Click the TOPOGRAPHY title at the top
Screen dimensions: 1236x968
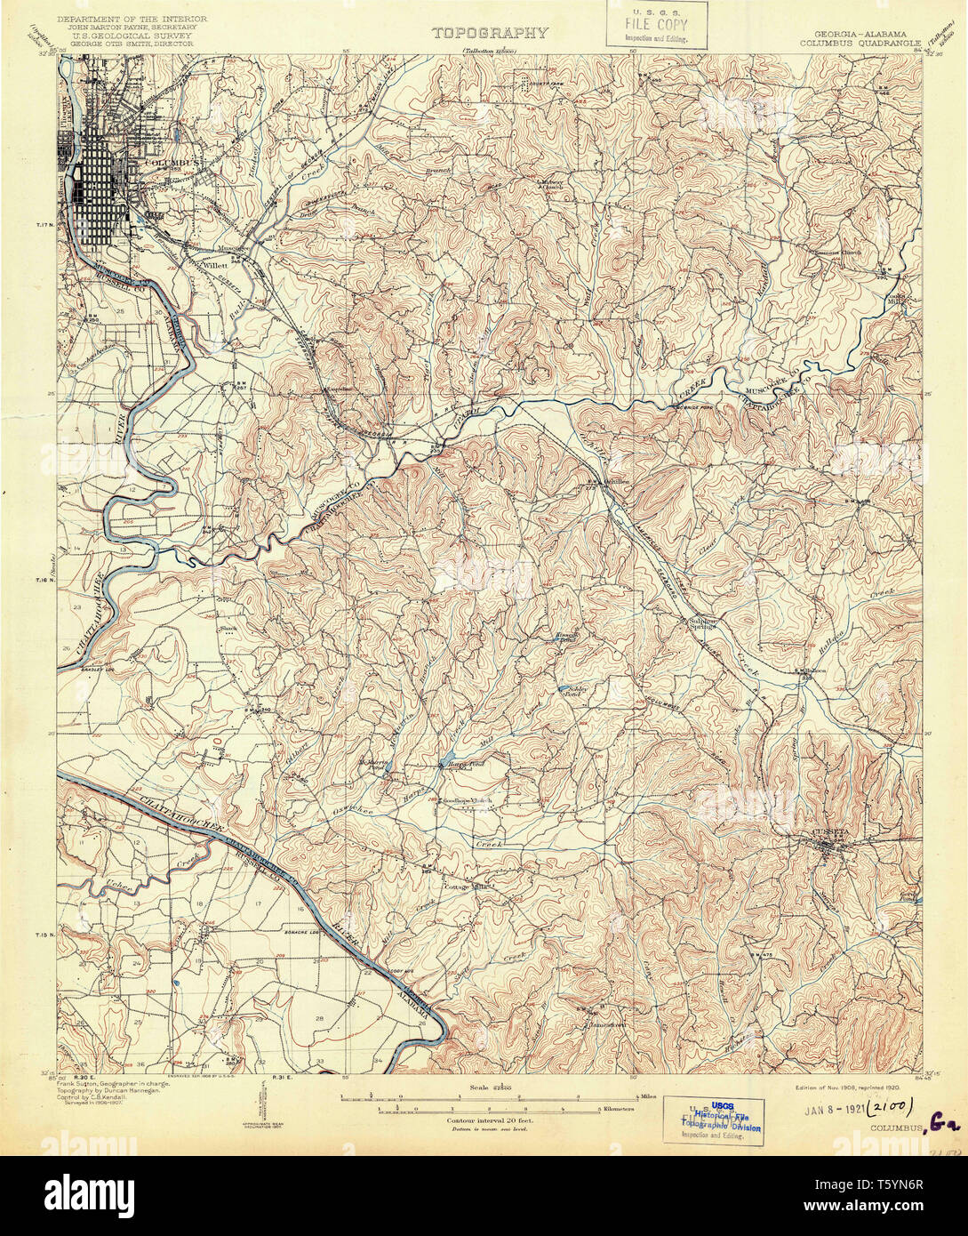490,33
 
